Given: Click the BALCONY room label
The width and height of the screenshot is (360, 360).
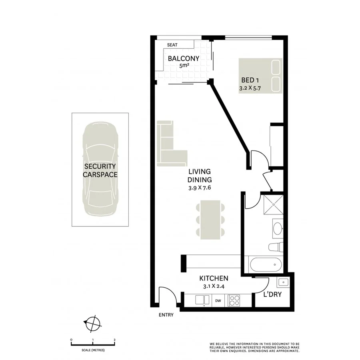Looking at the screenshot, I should (184, 58).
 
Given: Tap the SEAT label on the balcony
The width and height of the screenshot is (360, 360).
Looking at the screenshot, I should (173, 45).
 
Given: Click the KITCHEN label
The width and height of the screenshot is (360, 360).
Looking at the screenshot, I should (214, 278).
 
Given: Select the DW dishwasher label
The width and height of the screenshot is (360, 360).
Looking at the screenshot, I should (218, 300).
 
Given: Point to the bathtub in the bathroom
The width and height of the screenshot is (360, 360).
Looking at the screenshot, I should (265, 264).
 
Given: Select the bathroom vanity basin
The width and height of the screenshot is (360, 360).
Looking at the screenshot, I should (278, 228).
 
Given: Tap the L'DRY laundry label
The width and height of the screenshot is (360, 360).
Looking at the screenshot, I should (272, 295).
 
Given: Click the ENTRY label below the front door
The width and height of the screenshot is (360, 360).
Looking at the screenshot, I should (166, 315).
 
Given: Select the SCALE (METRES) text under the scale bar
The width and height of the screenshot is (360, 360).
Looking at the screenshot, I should (93, 350).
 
